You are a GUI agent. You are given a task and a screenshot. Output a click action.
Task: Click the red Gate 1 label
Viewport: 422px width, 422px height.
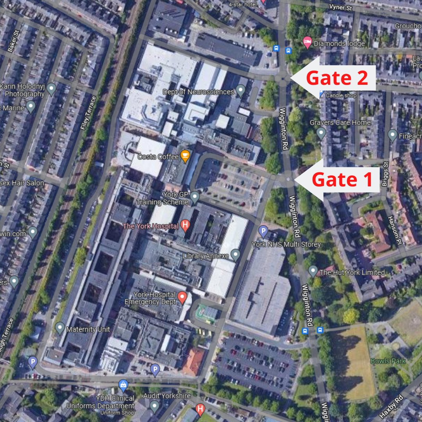pyautogui.click(x=342, y=180)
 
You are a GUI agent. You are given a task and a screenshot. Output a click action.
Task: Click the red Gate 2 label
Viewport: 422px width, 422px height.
pyautogui.click(x=337, y=78)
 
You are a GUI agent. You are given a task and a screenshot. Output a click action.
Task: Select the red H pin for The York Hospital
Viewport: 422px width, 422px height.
pyautogui.click(x=185, y=225)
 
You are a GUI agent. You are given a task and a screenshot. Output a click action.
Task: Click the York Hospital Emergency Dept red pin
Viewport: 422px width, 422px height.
pyautogui.click(x=182, y=297)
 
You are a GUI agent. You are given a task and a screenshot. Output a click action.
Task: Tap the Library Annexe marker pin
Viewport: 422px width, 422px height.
pyautogui.click(x=235, y=255)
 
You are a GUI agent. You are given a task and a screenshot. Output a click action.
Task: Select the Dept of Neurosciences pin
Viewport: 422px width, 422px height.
pyautogui.click(x=241, y=91)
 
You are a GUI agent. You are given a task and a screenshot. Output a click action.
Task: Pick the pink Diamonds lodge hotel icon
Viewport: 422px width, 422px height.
pyautogui.click(x=308, y=43)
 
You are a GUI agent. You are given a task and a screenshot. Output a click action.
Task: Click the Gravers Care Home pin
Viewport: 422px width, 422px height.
pyautogui.click(x=321, y=134)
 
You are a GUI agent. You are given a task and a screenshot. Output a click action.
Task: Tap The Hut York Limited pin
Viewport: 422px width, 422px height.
pyautogui.click(x=313, y=270)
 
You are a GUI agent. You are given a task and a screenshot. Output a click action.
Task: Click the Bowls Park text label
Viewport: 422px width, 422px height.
pyautogui.click(x=388, y=361)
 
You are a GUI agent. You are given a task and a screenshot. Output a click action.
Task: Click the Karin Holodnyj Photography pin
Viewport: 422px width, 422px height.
pyautogui.click(x=51, y=89)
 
